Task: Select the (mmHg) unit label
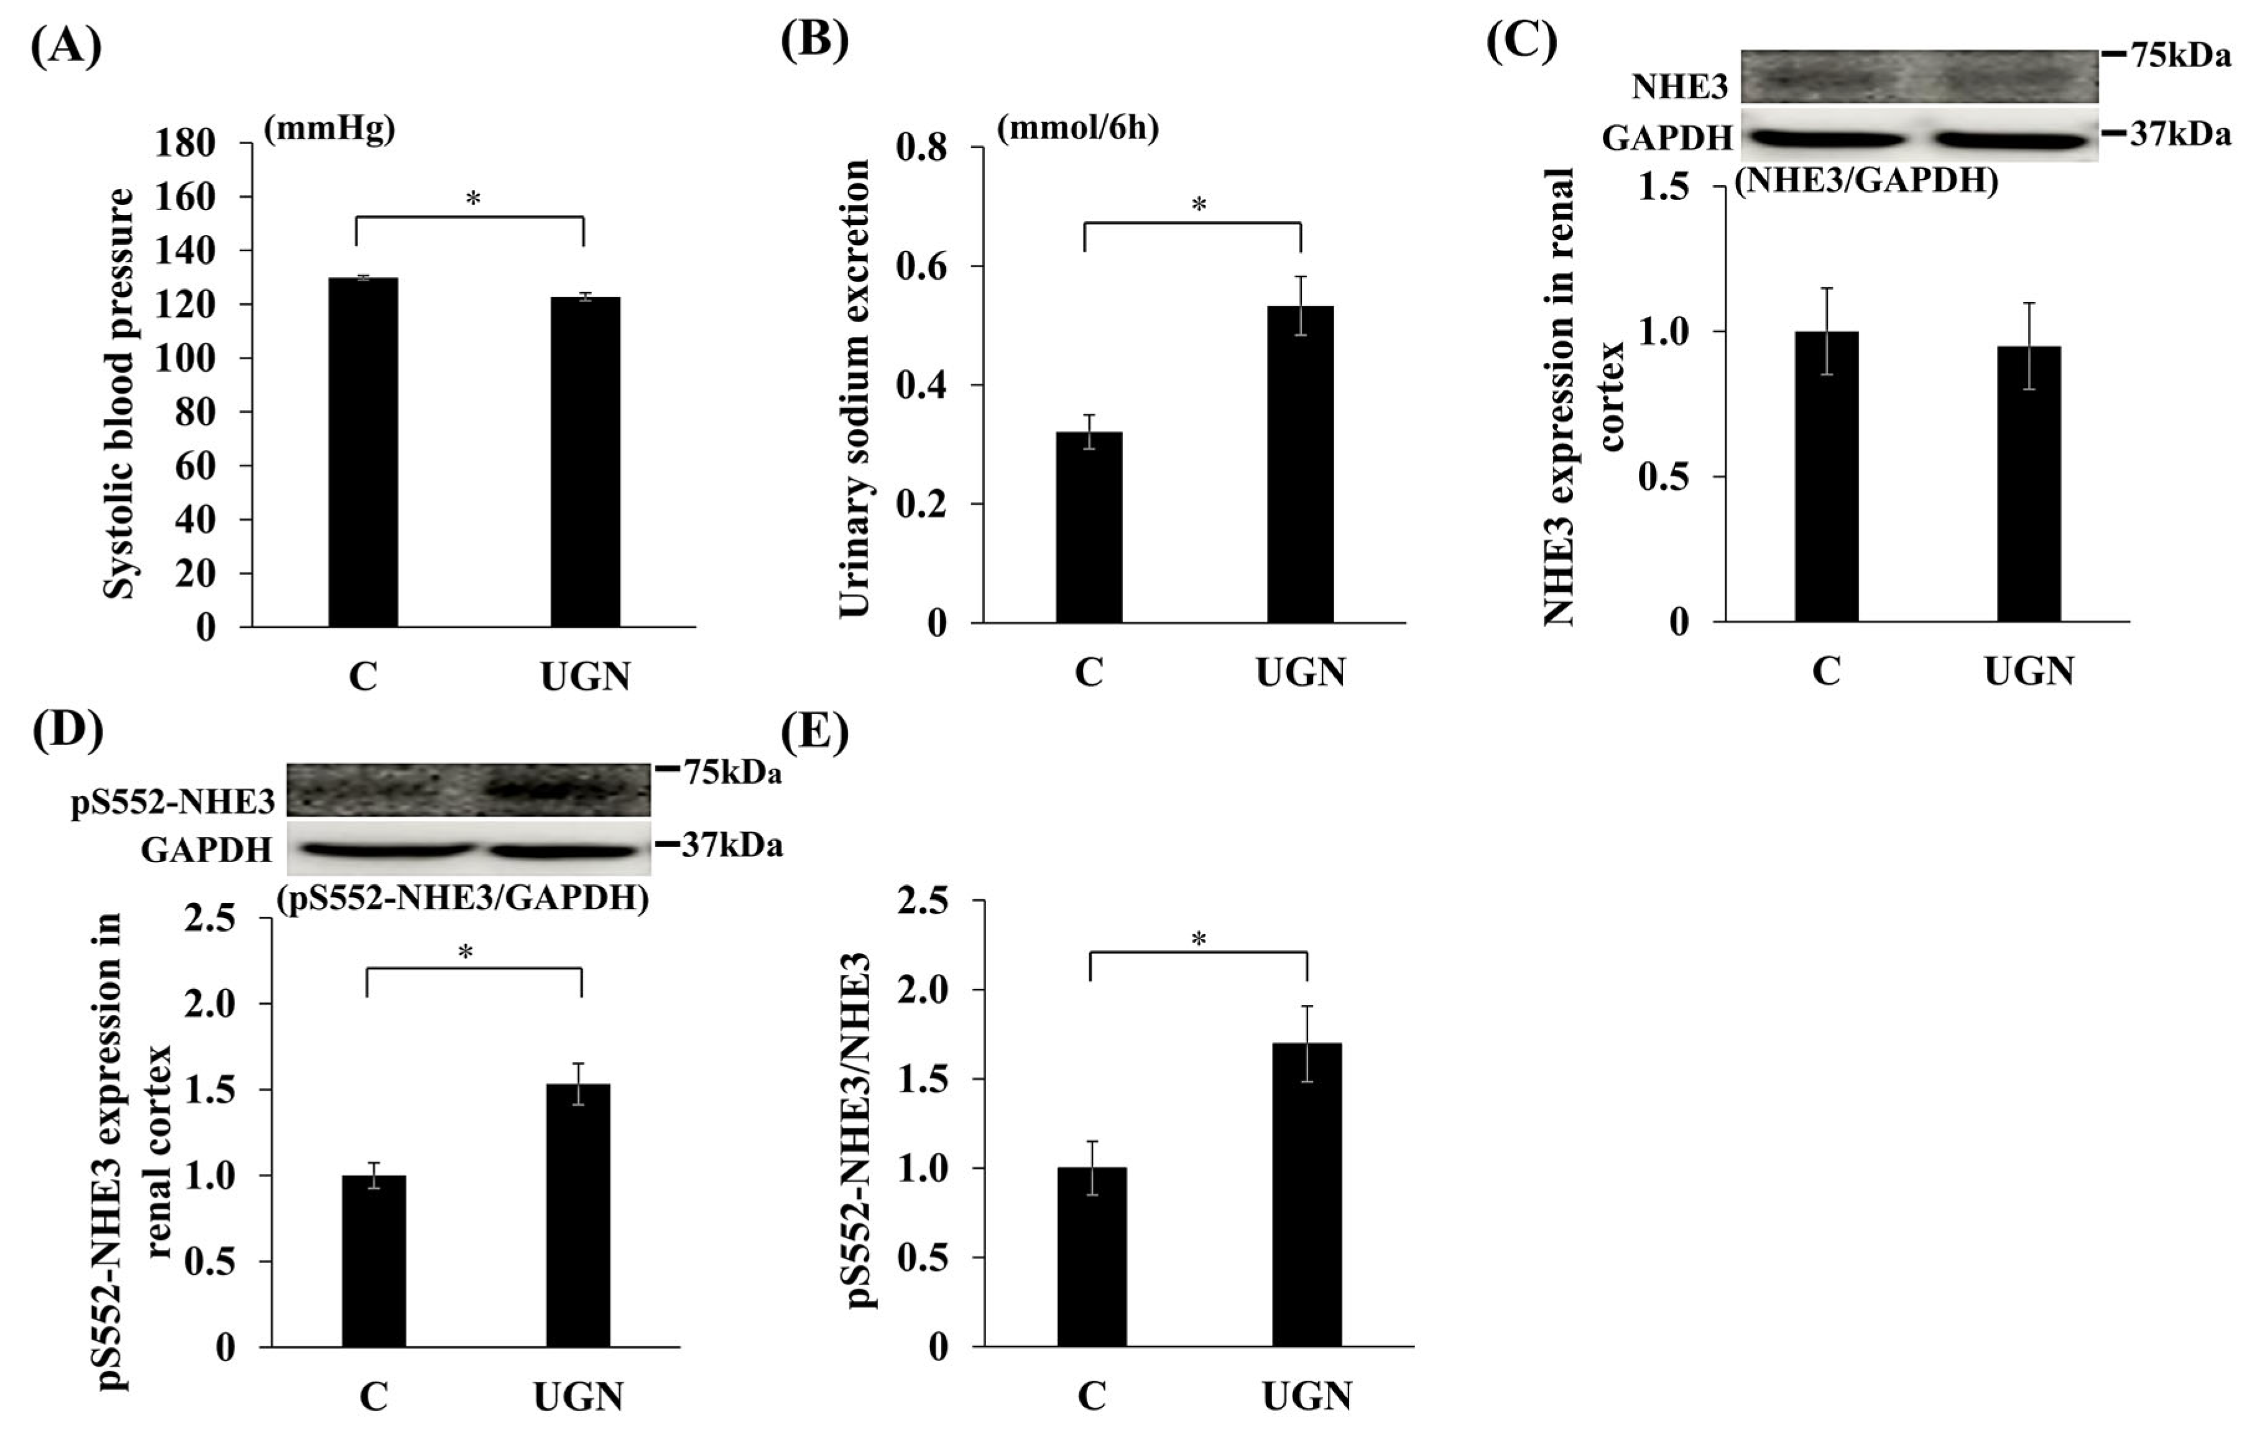(329, 129)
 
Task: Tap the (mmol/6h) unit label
(1077, 127)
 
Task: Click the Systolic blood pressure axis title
(118, 393)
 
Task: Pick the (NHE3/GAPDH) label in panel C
(1866, 181)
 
